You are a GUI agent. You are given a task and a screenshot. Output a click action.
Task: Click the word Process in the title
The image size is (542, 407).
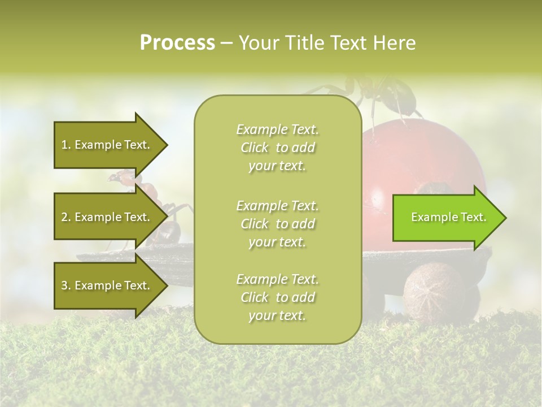click(x=177, y=43)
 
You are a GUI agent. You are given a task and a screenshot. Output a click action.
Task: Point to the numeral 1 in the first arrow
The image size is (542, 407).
click(x=64, y=145)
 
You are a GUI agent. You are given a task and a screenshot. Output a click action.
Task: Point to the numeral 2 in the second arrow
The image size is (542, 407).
click(x=64, y=217)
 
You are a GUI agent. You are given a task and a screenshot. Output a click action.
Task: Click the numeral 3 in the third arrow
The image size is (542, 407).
click(x=64, y=285)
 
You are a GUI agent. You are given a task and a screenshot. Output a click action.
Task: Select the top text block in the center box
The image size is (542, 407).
click(x=277, y=148)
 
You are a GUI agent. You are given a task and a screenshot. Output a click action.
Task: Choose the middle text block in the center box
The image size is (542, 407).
click(x=277, y=224)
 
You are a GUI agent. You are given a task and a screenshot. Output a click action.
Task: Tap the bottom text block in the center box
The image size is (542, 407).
click(x=277, y=297)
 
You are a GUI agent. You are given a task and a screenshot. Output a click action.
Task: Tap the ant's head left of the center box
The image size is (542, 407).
click(x=121, y=179)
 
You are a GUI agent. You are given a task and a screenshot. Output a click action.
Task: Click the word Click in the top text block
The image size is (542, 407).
click(x=255, y=148)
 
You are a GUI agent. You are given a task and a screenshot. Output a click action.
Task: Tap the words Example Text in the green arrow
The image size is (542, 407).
click(x=448, y=217)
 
